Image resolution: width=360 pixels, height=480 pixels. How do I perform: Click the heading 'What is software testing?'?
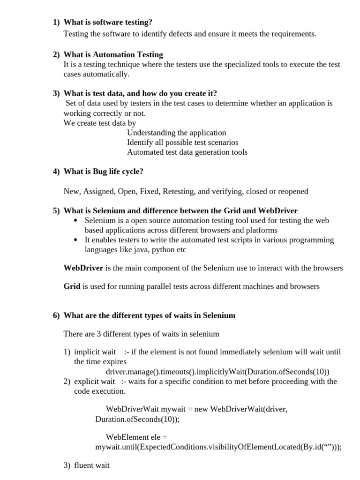coord(108,22)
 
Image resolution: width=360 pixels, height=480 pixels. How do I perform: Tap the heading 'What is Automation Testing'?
coord(113,55)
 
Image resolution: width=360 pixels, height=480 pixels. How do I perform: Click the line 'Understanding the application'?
coord(176,133)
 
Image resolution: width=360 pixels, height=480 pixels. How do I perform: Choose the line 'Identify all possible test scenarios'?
coord(182,142)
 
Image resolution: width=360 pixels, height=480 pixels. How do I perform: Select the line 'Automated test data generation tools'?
coord(187,152)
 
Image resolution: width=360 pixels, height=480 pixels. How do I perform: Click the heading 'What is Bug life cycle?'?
coord(103,172)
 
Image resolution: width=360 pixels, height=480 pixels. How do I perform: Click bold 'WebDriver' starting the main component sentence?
coord(83,268)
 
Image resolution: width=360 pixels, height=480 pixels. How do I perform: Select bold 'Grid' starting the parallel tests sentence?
coord(72,286)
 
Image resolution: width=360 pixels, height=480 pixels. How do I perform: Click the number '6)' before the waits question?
coord(56,315)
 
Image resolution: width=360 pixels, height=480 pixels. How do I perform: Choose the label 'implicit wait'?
coord(95,352)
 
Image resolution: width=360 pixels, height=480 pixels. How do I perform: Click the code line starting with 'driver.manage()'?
coord(217,372)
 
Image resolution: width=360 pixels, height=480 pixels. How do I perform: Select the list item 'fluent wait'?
coord(92,465)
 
